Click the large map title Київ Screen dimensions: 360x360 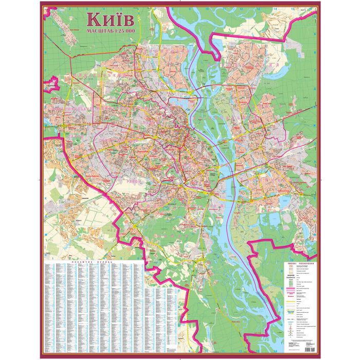[111, 20]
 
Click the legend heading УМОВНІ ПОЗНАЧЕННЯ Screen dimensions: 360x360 [300, 263]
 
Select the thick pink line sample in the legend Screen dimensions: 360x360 [291, 291]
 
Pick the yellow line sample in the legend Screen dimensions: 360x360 [291, 303]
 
